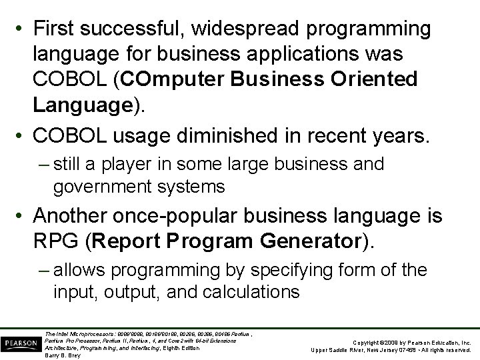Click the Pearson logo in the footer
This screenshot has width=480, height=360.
click(21, 341)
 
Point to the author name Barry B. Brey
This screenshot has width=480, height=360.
click(63, 355)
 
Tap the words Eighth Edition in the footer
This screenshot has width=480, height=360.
click(181, 348)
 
